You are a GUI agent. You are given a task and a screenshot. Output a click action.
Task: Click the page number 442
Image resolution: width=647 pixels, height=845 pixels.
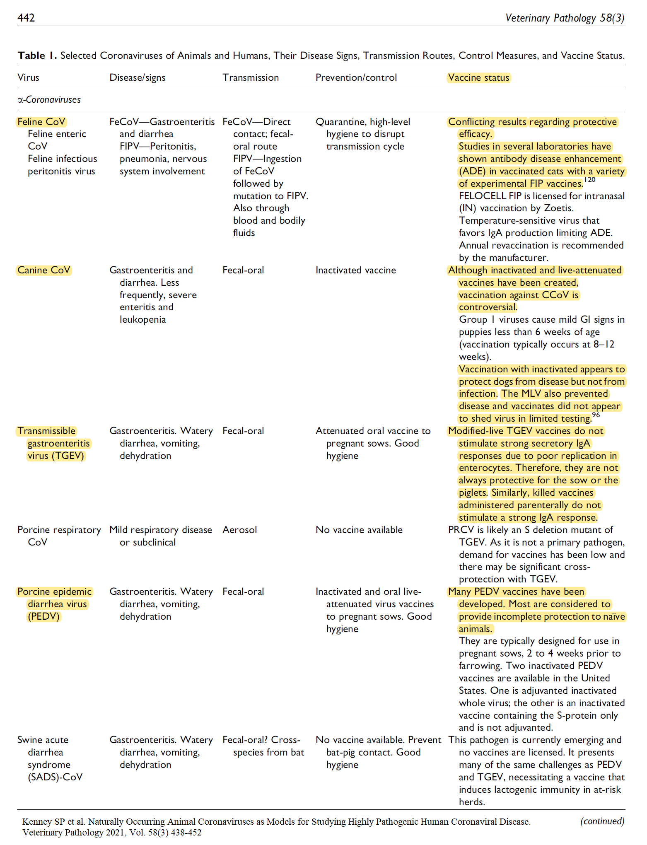tap(26, 18)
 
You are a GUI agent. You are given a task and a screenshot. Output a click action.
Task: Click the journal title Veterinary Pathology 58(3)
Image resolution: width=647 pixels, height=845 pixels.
tap(565, 18)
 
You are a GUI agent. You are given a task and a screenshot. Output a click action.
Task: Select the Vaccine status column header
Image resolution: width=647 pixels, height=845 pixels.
tap(478, 77)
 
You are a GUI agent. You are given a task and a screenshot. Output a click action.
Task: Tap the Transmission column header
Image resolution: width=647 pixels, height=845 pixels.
tap(251, 77)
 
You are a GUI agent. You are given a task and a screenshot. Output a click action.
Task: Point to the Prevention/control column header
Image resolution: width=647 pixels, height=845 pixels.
tap(356, 77)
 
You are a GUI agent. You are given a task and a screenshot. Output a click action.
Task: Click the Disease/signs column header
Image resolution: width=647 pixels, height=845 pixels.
tap(138, 77)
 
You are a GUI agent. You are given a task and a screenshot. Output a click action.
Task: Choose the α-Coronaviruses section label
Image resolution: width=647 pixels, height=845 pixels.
tap(49, 99)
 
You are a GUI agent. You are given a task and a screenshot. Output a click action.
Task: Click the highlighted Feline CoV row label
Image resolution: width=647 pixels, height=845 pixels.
tap(41, 122)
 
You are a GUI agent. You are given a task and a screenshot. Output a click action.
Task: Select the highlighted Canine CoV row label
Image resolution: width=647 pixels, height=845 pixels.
tap(44, 270)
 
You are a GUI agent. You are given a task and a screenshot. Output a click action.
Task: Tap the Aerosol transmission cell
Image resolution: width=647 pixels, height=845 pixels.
tap(239, 530)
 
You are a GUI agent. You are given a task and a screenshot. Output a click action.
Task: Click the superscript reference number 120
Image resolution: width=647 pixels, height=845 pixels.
tap(589, 180)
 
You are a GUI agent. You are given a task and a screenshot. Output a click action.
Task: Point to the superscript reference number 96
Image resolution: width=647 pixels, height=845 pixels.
tap(596, 415)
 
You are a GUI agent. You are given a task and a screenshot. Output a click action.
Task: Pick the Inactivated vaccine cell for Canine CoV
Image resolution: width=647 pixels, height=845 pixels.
tap(356, 270)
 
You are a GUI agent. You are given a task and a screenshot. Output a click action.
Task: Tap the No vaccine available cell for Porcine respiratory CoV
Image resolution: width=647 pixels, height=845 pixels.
tap(359, 530)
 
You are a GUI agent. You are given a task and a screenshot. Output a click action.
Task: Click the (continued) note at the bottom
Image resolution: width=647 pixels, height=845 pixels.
tap(602, 821)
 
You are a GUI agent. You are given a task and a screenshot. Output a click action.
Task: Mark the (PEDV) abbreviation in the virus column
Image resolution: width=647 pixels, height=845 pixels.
tap(44, 616)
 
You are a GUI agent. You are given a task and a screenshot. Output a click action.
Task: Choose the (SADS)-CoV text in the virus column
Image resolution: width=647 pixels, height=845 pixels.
tap(55, 777)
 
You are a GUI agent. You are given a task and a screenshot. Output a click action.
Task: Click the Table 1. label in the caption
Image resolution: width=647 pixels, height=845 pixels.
tap(37, 56)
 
